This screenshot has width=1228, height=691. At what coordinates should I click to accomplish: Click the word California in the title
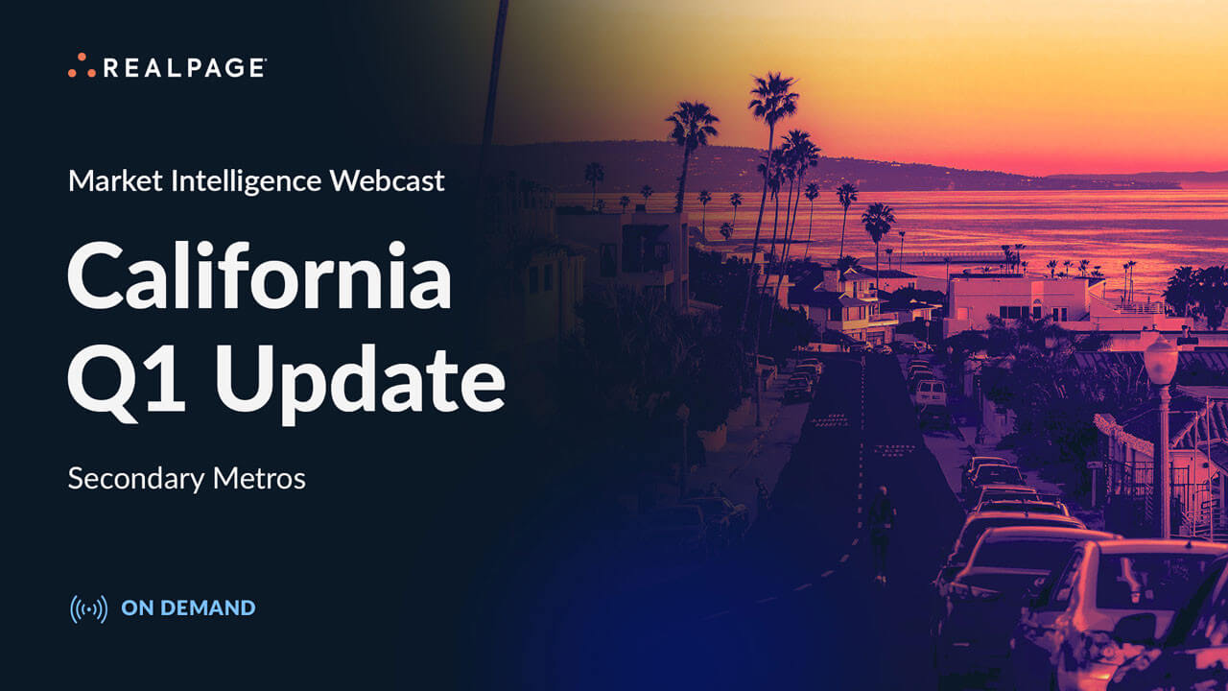click(259, 277)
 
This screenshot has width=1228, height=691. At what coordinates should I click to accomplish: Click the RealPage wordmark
click(184, 67)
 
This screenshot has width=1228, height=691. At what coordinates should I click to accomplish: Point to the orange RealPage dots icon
click(82, 67)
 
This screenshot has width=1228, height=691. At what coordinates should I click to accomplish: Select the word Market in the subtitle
click(105, 180)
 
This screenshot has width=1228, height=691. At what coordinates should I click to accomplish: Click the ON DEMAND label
click(188, 608)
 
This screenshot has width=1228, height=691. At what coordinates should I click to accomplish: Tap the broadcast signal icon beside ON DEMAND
click(88, 608)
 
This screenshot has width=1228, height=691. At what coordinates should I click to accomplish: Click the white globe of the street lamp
click(1161, 360)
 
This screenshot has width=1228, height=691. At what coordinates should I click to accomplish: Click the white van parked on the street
click(929, 392)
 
